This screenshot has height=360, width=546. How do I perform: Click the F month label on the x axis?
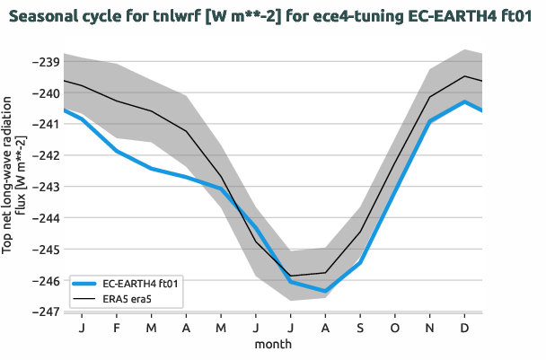pos(117,328)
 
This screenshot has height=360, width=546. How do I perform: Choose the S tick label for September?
pos(360,328)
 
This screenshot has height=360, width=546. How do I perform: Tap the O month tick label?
pos(395,328)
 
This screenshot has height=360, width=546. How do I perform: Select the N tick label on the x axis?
pos(429,328)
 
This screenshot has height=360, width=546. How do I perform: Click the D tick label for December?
pos(464,328)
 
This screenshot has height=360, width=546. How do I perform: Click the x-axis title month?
pos(273,343)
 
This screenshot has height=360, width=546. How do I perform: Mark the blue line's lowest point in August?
pos(325,291)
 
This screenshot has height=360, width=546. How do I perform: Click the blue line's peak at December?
pos(464,101)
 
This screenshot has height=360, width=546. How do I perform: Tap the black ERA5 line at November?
pos(429,97)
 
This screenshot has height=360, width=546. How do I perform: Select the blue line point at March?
pos(151,169)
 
